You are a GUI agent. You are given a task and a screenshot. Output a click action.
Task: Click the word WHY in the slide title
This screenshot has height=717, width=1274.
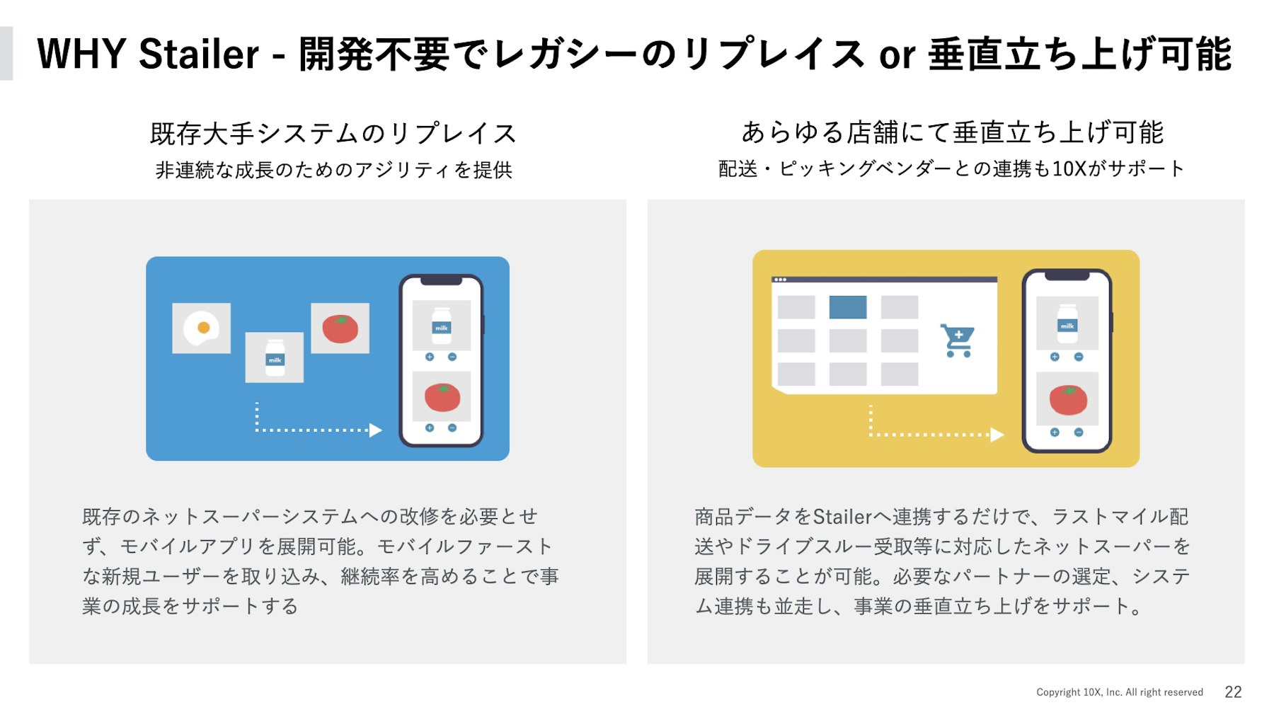(x=81, y=55)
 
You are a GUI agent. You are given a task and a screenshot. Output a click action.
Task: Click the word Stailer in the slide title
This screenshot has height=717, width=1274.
(x=199, y=55)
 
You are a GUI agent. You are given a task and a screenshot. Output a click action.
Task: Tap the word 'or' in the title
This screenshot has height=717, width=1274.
(x=897, y=56)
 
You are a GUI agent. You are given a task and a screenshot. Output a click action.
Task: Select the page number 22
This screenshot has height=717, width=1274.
(x=1233, y=692)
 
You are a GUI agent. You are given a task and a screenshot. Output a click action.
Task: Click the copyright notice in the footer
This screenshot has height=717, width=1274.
(x=1120, y=692)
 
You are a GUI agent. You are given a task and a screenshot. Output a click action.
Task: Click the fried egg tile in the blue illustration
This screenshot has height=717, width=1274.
(x=202, y=328)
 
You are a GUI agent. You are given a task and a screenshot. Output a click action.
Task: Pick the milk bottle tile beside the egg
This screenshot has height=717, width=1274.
(x=275, y=357)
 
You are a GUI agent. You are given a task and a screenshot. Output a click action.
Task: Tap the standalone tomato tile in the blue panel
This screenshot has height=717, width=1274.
(x=340, y=328)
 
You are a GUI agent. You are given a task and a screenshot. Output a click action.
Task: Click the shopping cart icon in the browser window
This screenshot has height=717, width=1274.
(x=958, y=340)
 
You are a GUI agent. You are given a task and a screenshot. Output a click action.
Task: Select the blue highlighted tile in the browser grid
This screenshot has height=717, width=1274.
(x=848, y=307)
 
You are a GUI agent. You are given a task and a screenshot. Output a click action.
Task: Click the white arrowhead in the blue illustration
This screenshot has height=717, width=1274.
(x=376, y=430)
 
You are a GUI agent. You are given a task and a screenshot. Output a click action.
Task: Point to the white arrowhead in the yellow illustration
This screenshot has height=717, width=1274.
(x=997, y=435)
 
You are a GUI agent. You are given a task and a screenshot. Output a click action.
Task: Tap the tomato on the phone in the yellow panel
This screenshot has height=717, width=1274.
(x=1068, y=400)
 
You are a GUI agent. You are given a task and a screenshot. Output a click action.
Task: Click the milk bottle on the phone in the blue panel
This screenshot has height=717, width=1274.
(x=442, y=326)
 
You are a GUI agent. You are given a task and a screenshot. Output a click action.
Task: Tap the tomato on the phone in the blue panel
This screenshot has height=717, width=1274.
(x=442, y=398)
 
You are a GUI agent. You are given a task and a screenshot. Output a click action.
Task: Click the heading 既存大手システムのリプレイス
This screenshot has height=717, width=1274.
(x=333, y=133)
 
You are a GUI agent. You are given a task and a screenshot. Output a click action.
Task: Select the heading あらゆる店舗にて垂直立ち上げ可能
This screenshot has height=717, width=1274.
(x=952, y=132)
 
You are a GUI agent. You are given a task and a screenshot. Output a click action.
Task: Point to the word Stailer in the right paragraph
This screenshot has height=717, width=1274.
(x=842, y=517)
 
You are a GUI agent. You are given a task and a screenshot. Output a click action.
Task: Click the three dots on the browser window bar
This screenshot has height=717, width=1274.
(x=781, y=280)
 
